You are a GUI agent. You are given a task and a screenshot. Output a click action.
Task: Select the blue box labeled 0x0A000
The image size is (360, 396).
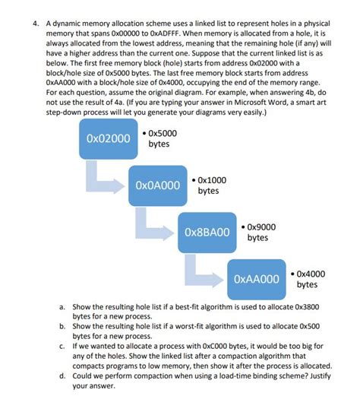point(157,185)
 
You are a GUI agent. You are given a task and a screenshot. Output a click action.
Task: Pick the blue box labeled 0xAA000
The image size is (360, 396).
point(256,278)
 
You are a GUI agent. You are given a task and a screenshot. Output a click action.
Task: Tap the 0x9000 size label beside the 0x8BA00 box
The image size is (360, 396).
point(260,232)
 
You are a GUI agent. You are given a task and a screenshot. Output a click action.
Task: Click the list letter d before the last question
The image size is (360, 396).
point(62,375)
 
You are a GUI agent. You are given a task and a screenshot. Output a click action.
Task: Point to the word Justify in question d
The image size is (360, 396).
point(310,375)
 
